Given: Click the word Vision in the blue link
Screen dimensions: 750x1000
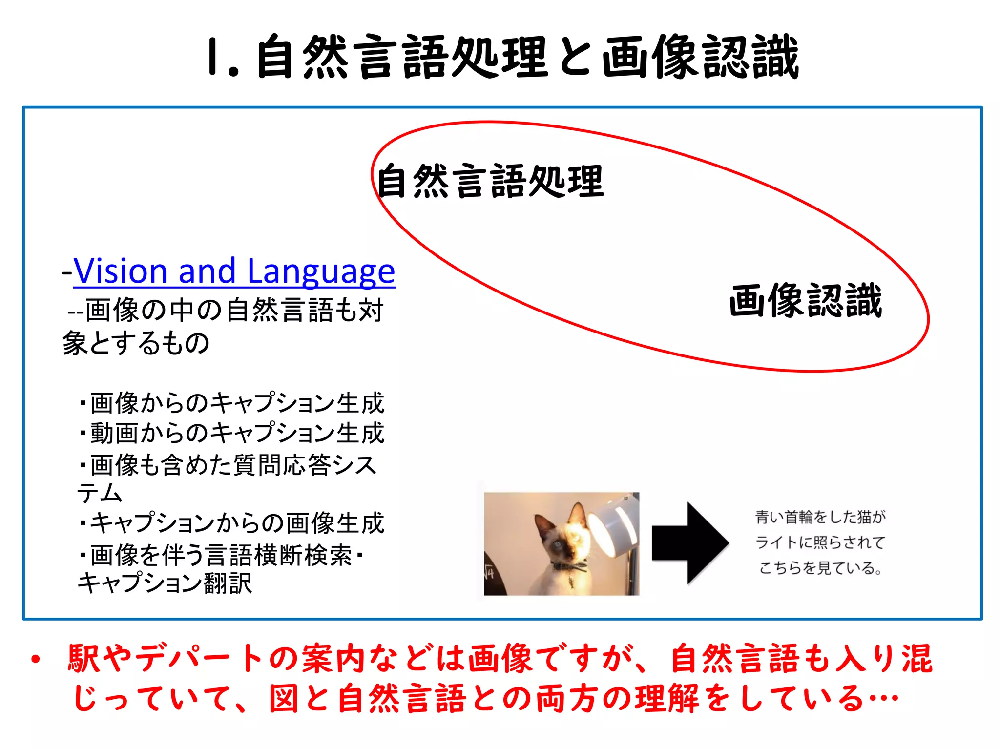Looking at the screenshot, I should tap(120, 271).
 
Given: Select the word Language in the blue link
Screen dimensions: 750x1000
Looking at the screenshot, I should tap(321, 271).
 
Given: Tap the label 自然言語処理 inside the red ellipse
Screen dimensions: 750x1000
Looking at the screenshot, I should tap(490, 182).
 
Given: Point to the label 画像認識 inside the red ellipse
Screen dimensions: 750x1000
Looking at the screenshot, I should tap(805, 301).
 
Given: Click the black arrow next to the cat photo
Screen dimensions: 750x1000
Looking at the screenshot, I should tap(689, 543).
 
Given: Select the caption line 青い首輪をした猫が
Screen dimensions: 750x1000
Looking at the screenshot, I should tap(820, 517).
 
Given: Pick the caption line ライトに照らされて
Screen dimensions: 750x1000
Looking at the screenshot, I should tap(820, 542).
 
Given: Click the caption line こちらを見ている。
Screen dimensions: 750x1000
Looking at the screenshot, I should tap(820, 568).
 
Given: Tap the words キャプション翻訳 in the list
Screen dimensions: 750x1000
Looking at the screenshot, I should tap(165, 583).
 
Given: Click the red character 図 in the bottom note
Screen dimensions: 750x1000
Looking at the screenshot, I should tap(284, 699).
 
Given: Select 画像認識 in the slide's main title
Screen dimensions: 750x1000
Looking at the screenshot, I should tap(700, 58).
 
